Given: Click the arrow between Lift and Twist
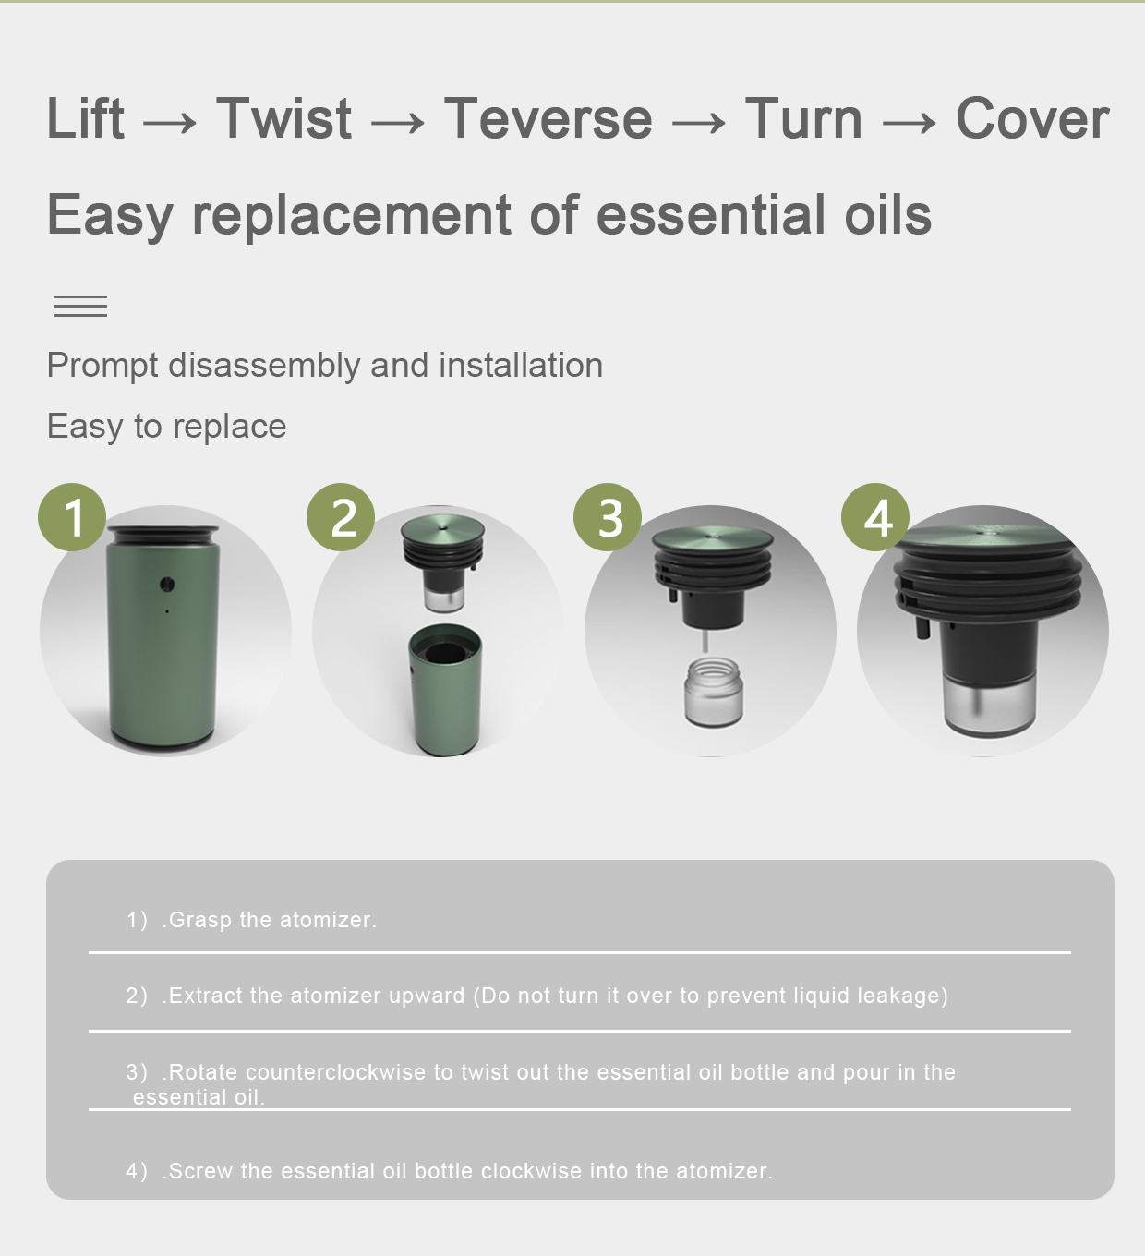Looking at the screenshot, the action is point(170,122).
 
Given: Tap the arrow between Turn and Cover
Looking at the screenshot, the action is point(909,122).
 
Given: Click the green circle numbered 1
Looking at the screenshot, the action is point(72,517).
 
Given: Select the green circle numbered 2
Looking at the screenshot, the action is point(341,517).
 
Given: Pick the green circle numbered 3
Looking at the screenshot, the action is point(608,517).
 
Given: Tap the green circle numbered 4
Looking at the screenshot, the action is point(875,517).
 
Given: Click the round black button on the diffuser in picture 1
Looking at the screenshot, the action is point(166,585).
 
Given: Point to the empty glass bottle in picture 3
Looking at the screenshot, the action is point(714,692).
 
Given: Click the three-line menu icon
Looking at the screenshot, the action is point(80,307).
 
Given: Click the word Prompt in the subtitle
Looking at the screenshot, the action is point(102,367).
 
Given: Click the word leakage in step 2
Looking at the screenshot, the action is point(899,996).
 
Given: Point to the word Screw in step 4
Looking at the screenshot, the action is point(201,1171).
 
